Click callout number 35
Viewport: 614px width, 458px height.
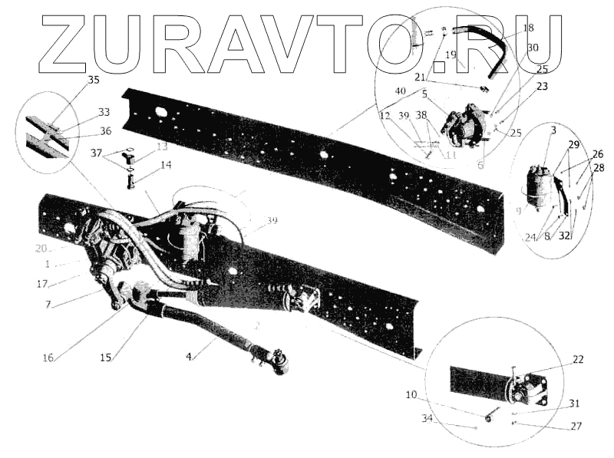pyautogui.click(x=94, y=80)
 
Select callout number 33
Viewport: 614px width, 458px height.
pyautogui.click(x=104, y=112)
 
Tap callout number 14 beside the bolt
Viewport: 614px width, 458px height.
pyautogui.click(x=167, y=164)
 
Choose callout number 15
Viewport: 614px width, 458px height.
pyautogui.click(x=105, y=358)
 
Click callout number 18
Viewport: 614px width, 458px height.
pyautogui.click(x=528, y=28)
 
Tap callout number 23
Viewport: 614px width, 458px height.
pyautogui.click(x=542, y=87)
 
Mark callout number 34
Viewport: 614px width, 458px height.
pyautogui.click(x=427, y=418)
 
